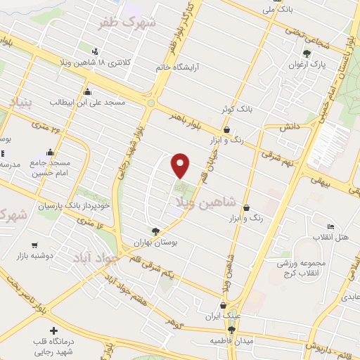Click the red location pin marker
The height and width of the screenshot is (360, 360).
(181, 165)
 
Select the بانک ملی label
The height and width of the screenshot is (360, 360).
(276, 9)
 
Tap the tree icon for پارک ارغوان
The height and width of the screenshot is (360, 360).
(306, 53)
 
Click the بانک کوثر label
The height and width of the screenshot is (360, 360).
(235, 110)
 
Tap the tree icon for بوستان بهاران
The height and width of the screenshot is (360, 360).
(155, 230)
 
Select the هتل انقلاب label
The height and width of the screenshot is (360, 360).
(330, 236)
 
